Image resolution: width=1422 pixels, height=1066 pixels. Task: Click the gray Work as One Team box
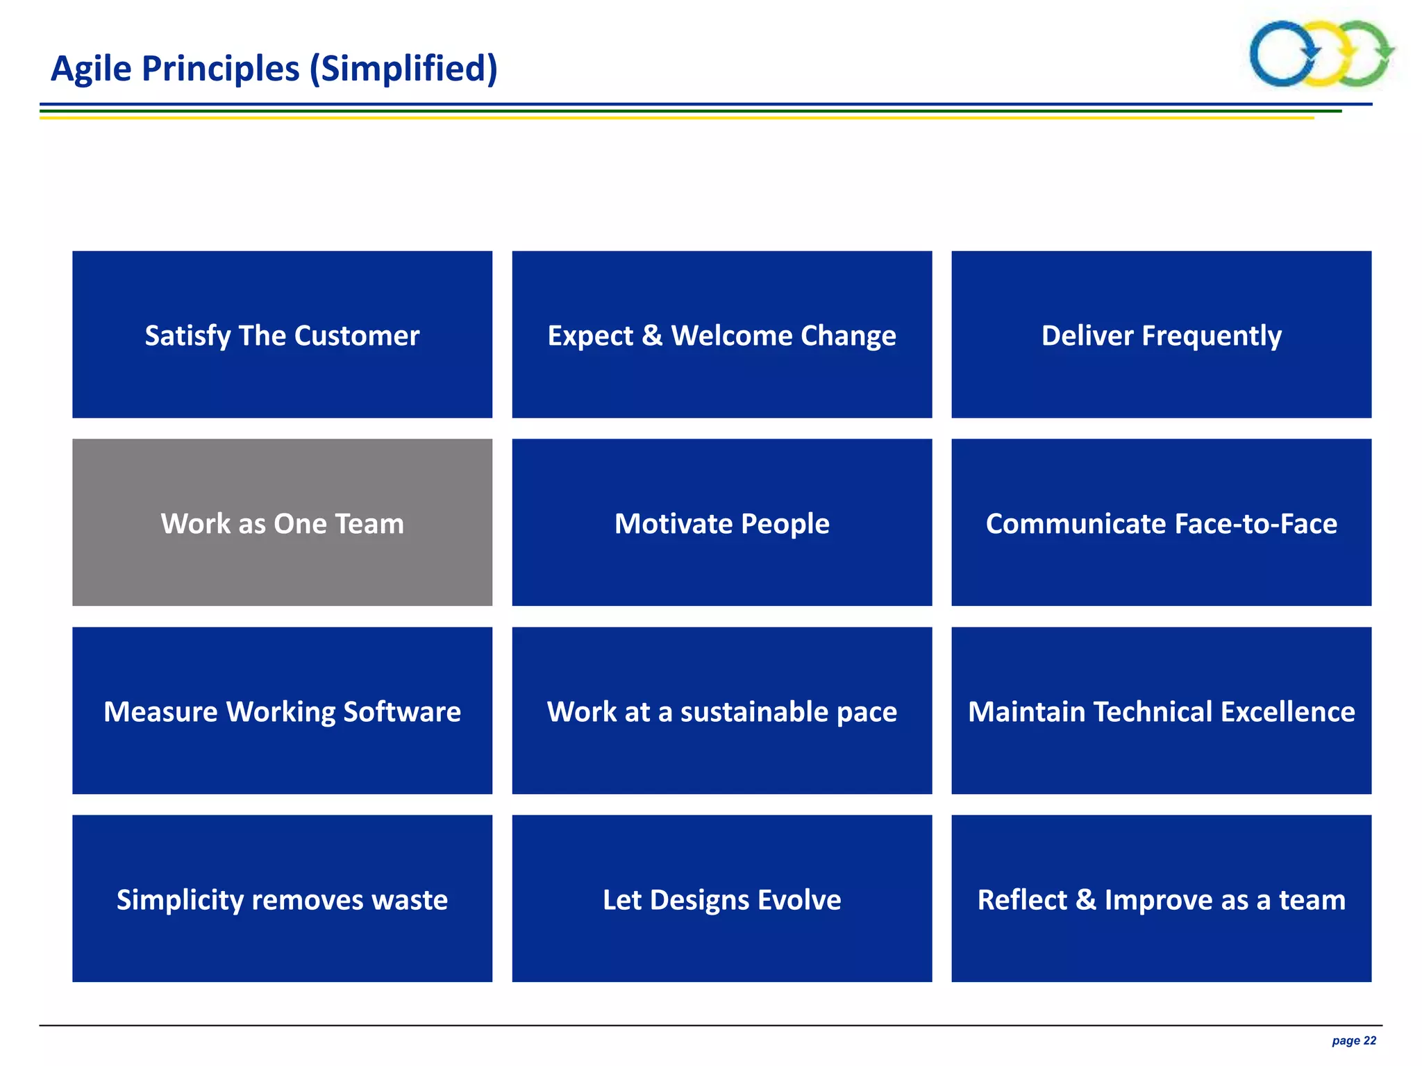click(x=282, y=522)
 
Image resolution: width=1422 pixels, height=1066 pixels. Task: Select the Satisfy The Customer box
click(x=282, y=335)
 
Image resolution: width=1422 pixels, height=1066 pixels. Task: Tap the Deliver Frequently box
click(x=1161, y=335)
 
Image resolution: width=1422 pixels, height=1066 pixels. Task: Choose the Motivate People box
click(x=721, y=522)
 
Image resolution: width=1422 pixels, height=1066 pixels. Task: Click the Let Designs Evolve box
click(x=721, y=899)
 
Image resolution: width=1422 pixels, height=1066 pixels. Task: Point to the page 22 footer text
click(x=1353, y=1040)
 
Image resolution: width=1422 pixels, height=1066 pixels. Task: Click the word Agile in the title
click(x=91, y=69)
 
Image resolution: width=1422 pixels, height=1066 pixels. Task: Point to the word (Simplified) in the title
click(x=403, y=69)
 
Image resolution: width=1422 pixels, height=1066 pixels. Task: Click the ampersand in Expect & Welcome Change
click(x=651, y=335)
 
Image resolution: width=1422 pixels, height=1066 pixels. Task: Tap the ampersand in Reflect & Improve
click(x=1085, y=899)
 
